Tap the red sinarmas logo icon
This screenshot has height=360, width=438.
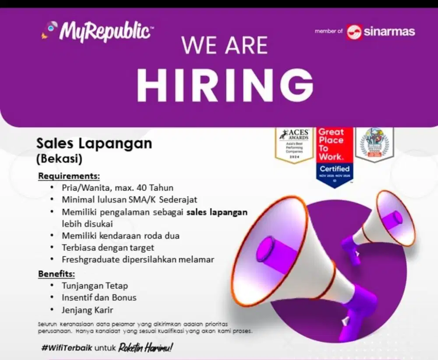click(354, 32)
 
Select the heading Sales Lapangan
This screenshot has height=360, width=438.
click(94, 143)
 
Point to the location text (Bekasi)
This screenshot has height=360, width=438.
click(60, 159)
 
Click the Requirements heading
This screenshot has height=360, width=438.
click(69, 176)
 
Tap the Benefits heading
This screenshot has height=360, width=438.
click(57, 274)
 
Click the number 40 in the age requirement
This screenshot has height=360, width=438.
click(141, 188)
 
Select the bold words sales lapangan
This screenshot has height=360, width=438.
click(217, 212)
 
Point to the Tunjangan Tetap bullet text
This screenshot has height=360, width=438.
click(95, 286)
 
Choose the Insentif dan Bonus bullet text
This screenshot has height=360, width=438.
click(99, 298)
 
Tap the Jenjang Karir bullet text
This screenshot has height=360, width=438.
click(88, 310)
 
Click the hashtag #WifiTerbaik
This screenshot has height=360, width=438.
click(67, 348)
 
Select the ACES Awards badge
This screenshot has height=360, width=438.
click(294, 147)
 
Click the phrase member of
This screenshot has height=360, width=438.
click(328, 31)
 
